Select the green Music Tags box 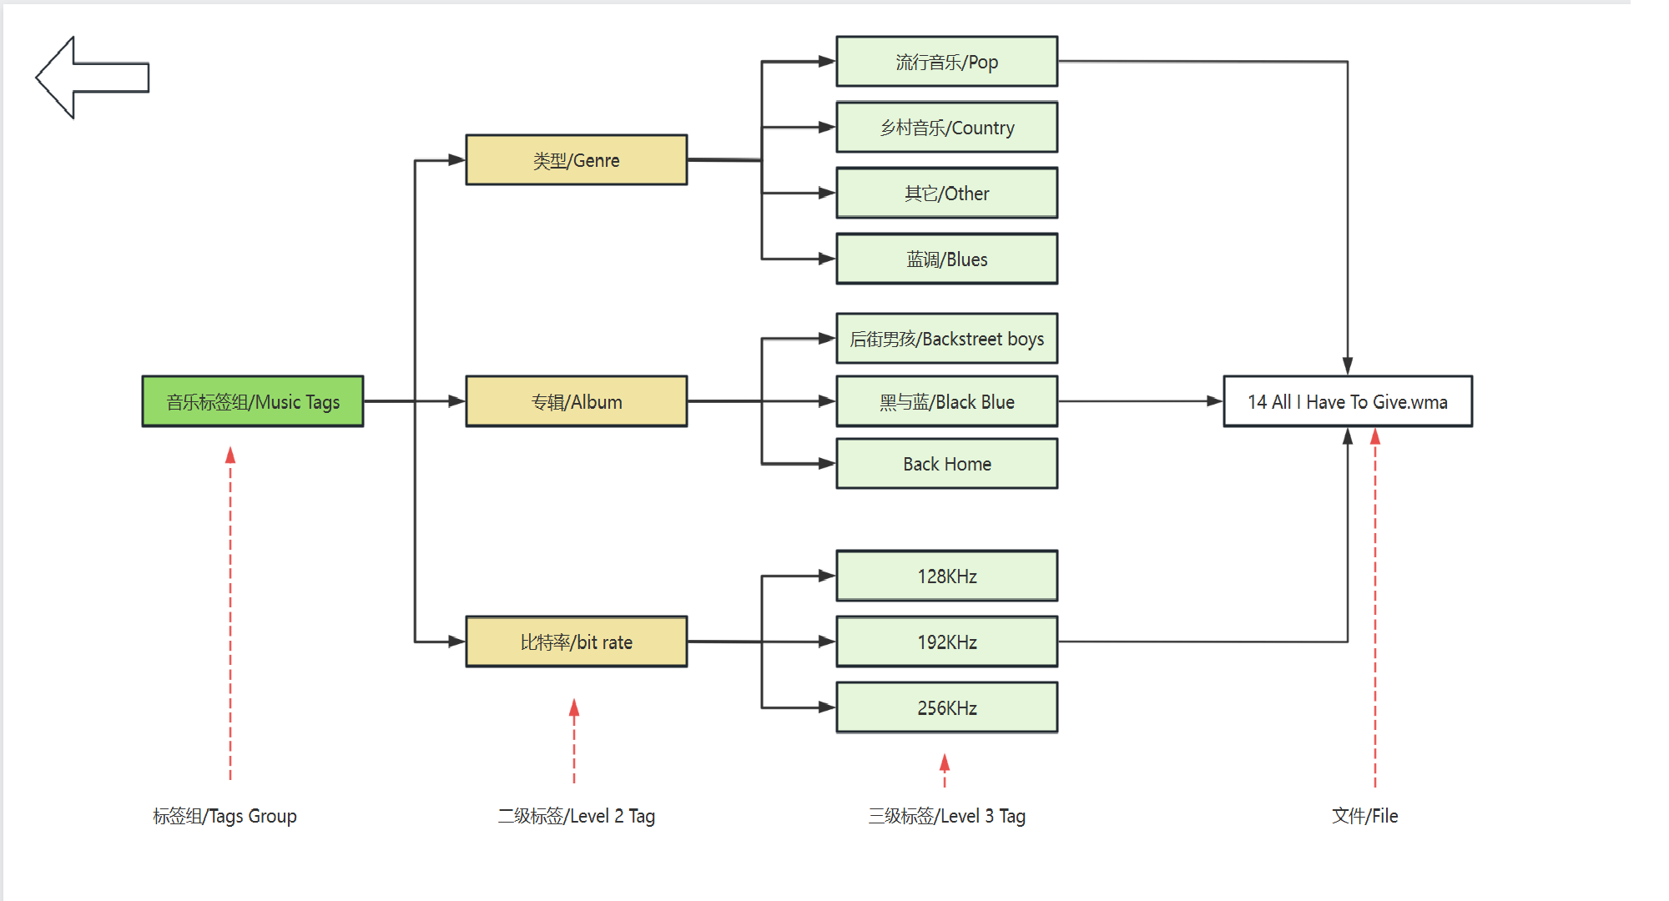pyautogui.click(x=253, y=401)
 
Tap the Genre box pyautogui.click(x=577, y=160)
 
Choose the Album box pyautogui.click(x=577, y=401)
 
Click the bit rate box pyautogui.click(x=577, y=642)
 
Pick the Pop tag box pyautogui.click(x=947, y=62)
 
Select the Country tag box pyautogui.click(x=947, y=128)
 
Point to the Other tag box pyautogui.click(x=947, y=194)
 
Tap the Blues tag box pyautogui.click(x=947, y=259)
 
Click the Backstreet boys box pyautogui.click(x=947, y=339)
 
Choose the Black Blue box pyautogui.click(x=947, y=401)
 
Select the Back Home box pyautogui.click(x=947, y=464)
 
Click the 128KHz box pyautogui.click(x=947, y=576)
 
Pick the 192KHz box pyautogui.click(x=947, y=642)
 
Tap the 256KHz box pyautogui.click(x=947, y=707)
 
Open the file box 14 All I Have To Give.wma pyautogui.click(x=1348, y=401)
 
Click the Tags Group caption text pyautogui.click(x=224, y=816)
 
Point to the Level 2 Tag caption pyautogui.click(x=577, y=816)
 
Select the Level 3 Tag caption pyautogui.click(x=947, y=816)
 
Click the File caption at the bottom pyautogui.click(x=1365, y=816)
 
